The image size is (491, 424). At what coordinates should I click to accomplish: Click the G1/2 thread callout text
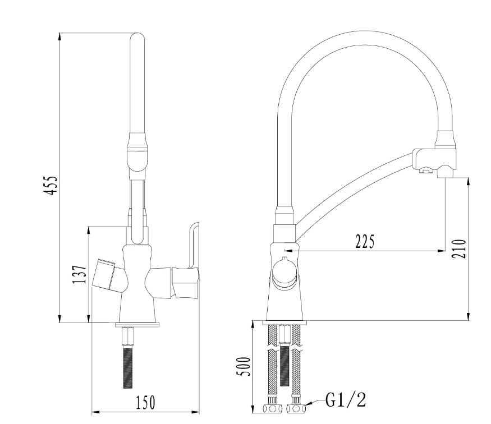347,400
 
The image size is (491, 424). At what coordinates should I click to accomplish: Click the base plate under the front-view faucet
138,324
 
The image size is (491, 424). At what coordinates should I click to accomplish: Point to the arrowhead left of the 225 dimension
288,251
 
